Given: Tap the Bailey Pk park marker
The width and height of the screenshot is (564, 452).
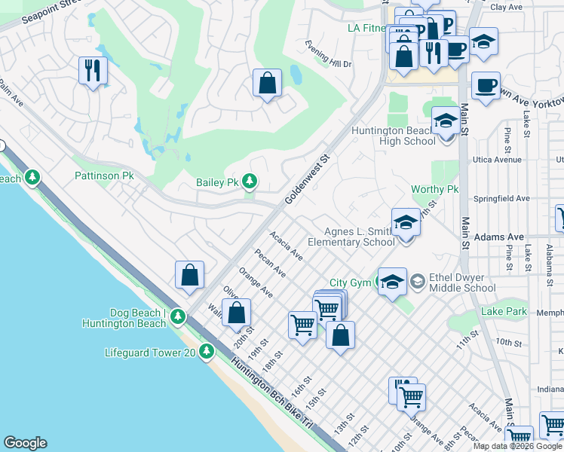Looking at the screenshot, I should tap(250, 182).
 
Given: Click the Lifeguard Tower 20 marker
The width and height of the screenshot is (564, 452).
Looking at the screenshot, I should tap(207, 352).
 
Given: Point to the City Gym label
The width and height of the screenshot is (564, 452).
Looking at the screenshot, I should tap(350, 282).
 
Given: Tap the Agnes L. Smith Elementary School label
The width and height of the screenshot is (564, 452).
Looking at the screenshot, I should tap(359, 237).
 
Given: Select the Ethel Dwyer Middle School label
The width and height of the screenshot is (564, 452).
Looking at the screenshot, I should tap(462, 282).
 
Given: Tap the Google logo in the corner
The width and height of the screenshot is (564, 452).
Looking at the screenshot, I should tap(25, 443).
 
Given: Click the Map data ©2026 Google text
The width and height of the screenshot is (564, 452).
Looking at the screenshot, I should tap(517, 446).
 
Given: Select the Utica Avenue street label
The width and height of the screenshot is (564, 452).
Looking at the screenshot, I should tap(497, 160).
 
